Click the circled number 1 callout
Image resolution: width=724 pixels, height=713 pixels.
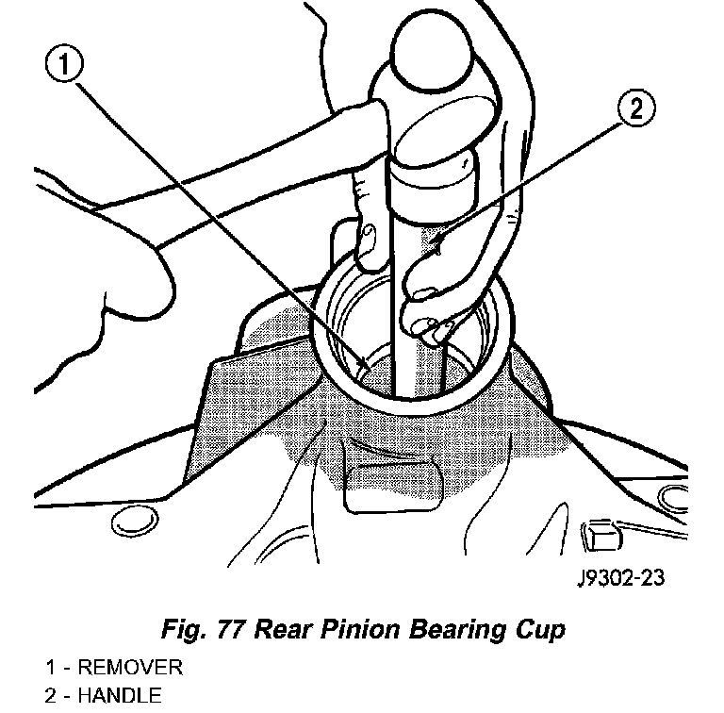tap(64, 63)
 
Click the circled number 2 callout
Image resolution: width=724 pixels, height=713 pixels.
tap(636, 108)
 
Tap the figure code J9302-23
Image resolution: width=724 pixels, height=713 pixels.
tap(621, 578)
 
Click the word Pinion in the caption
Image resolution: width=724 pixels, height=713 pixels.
tap(359, 629)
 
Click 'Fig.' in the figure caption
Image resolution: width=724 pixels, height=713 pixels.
tap(183, 629)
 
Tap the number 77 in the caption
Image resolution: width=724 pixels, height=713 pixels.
tap(230, 629)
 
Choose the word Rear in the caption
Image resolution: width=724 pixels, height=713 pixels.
tap(281, 629)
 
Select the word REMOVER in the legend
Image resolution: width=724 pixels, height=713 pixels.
tap(130, 668)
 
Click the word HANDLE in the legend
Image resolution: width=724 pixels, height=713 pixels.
tap(120, 695)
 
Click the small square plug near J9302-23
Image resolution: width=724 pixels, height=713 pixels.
tap(601, 536)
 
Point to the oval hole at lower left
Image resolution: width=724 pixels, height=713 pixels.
tap(135, 521)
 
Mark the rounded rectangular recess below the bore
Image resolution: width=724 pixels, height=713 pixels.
tap(393, 488)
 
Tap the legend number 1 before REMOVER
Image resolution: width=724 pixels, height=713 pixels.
tap(50, 668)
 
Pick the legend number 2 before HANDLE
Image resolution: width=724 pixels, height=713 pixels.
tap(51, 695)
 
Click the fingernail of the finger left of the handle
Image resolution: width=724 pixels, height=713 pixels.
tap(368, 236)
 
